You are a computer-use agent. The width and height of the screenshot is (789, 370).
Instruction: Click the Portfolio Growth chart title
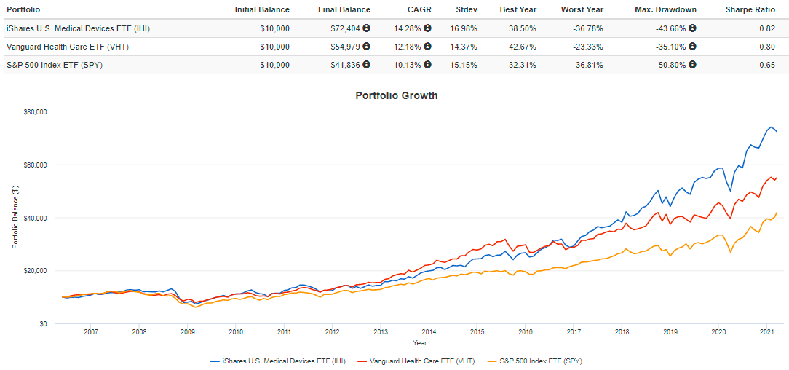[x=396, y=95]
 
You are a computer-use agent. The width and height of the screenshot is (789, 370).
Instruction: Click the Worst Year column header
[x=582, y=9]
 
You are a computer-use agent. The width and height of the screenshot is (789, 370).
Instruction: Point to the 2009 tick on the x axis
[x=187, y=332]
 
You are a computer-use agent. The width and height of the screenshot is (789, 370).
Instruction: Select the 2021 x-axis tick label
[x=766, y=332]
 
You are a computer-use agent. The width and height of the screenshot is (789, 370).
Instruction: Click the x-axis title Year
[x=420, y=342]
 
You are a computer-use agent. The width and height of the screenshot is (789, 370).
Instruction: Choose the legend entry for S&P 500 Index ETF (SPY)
[x=539, y=361]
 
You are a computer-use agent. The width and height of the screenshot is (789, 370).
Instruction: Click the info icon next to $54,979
[x=366, y=47]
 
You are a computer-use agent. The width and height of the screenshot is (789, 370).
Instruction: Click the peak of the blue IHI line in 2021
[x=771, y=127]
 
